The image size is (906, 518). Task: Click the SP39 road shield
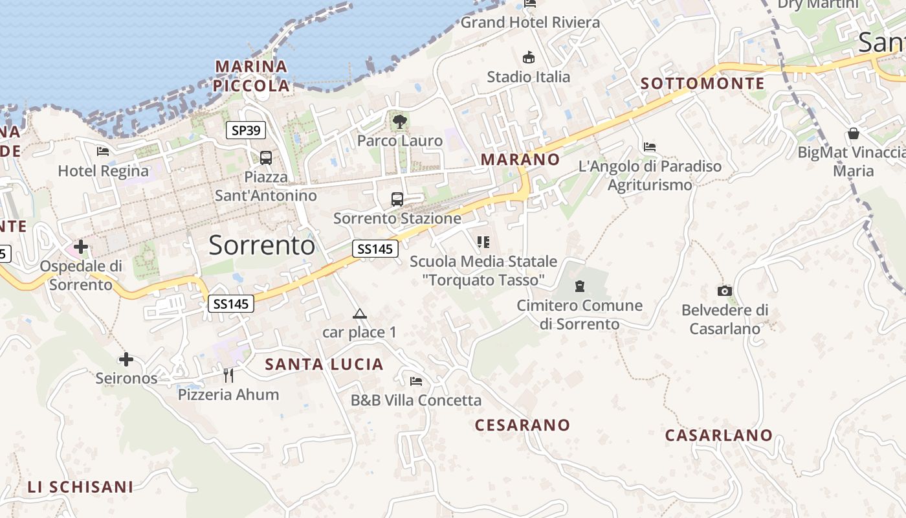[x=246, y=130]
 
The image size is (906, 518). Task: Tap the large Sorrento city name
[x=262, y=245]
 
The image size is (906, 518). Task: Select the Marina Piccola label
[x=252, y=76]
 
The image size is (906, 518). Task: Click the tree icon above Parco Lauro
[x=400, y=120]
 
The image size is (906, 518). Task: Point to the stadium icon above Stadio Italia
[x=529, y=57]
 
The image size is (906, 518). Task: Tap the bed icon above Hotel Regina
[x=103, y=152]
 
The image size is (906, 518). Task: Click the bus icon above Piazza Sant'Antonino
[x=265, y=157]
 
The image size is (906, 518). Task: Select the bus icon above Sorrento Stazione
[x=397, y=199]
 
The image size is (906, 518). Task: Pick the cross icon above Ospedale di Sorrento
[x=81, y=247]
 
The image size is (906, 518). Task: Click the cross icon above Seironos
[x=126, y=359]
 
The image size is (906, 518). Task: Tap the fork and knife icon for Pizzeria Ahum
[x=228, y=375]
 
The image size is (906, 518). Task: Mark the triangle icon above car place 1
[x=359, y=314]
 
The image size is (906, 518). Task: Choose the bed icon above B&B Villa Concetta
[x=416, y=381]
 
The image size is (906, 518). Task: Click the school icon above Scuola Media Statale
[x=483, y=242]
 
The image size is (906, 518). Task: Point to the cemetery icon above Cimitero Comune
[x=580, y=286]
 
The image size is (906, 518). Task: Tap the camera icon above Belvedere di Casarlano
[x=725, y=291]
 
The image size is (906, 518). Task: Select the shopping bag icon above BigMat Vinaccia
[x=854, y=134]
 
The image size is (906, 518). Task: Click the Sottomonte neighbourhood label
[x=702, y=84]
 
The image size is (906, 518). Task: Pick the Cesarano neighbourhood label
[x=522, y=425]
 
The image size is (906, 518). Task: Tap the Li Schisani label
[x=80, y=487]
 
